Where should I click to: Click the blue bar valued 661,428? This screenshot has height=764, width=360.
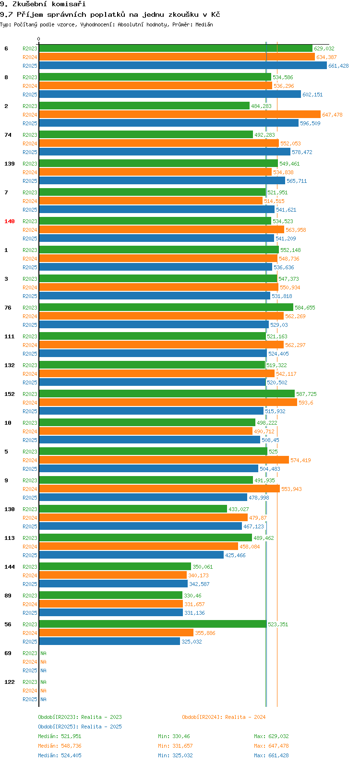point(182,66)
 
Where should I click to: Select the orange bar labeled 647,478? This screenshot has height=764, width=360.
point(180,115)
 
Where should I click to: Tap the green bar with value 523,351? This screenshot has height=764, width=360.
point(153,624)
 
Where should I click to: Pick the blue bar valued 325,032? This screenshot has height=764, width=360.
point(109,642)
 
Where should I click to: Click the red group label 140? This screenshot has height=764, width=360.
point(10,221)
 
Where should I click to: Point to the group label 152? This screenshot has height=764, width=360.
point(10,394)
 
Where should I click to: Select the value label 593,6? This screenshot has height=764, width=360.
point(306,403)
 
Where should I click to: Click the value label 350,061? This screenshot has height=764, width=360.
point(203,567)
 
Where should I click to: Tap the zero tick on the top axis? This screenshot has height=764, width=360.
point(39,39)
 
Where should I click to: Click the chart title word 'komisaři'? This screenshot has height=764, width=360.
point(70,4)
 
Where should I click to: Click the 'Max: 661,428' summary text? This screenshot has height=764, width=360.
point(271,755)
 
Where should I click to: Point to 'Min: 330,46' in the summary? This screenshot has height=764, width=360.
point(174,736)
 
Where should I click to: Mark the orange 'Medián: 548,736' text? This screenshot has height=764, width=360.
point(60,746)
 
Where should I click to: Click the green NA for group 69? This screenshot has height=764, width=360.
point(43,653)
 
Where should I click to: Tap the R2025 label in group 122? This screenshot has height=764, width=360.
point(30,699)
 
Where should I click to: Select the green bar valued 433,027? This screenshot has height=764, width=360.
point(133,509)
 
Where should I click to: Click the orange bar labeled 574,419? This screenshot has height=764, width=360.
point(164,460)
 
